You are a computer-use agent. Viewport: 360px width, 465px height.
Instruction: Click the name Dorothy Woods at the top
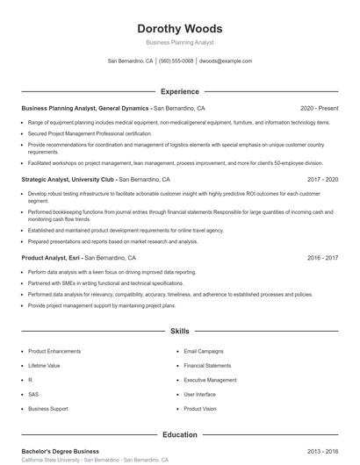(179, 28)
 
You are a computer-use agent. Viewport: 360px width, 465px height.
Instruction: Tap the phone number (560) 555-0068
(176, 61)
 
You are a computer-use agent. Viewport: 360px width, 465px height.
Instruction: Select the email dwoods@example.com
(226, 61)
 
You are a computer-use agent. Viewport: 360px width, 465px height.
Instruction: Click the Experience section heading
(179, 91)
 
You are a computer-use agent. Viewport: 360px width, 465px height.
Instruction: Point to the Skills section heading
(179, 332)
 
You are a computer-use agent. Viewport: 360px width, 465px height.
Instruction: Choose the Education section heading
(179, 434)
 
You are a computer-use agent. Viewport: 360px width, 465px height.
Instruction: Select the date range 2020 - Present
(319, 108)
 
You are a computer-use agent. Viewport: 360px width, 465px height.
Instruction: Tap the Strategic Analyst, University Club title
(76, 179)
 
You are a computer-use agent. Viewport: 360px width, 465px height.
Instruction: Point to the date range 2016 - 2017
(322, 258)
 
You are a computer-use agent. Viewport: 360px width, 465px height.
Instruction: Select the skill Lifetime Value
(44, 365)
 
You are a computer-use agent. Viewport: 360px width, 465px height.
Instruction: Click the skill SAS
(33, 394)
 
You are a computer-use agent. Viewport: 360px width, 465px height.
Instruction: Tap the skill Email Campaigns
(203, 350)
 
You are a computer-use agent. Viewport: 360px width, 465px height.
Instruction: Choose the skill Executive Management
(210, 380)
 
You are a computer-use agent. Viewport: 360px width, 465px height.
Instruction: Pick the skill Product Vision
(200, 409)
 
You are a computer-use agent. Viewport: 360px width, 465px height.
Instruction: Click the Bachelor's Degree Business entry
(60, 451)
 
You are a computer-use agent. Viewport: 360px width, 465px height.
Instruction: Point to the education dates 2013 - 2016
(322, 451)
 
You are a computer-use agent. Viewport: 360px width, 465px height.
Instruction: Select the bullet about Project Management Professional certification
(90, 133)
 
